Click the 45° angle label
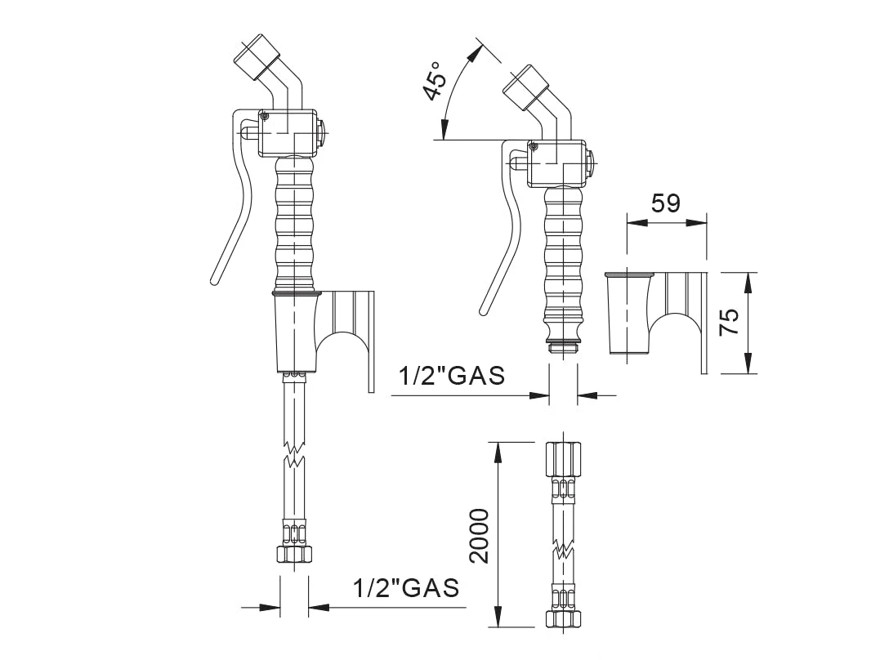coord(436,82)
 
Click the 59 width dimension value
coord(666,203)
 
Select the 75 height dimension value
coord(730,322)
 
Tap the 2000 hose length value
coord(480,535)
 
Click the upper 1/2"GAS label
coord(452,376)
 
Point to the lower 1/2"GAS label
coord(406,587)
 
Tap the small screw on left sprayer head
coord(265,116)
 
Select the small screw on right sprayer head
coord(534,147)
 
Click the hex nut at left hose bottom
coord(293,553)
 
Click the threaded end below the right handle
coord(562,344)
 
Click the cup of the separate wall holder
coord(630,314)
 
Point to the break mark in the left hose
coord(294,455)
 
